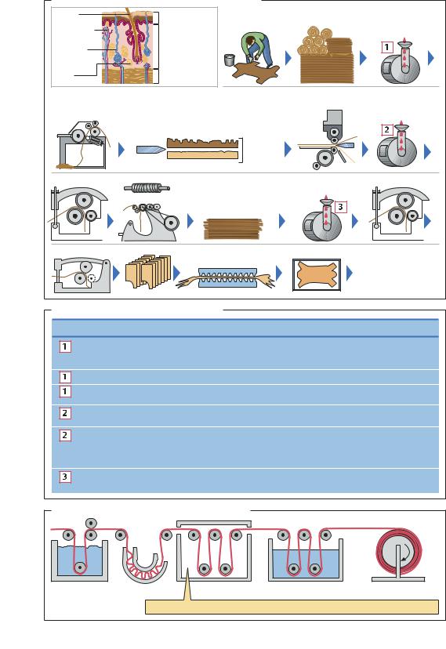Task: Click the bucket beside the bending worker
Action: click(x=230, y=60)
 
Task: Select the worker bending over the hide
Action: click(x=257, y=49)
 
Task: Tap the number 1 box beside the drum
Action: click(x=387, y=47)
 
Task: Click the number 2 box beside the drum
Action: click(x=387, y=129)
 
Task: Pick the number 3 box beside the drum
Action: click(x=340, y=207)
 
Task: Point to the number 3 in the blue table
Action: click(x=64, y=477)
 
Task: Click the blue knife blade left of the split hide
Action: click(x=151, y=149)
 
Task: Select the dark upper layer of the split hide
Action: click(x=202, y=143)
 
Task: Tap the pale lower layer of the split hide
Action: click(x=202, y=154)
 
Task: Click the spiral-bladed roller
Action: click(x=147, y=188)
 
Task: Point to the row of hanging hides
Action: click(x=148, y=271)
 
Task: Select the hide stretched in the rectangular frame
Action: click(x=317, y=275)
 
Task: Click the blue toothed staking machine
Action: click(x=227, y=277)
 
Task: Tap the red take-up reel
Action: click(x=399, y=551)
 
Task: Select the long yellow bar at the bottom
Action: click(x=292, y=607)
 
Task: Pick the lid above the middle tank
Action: click(x=214, y=524)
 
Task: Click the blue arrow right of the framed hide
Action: click(x=349, y=273)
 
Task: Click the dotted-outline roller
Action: click(x=92, y=278)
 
